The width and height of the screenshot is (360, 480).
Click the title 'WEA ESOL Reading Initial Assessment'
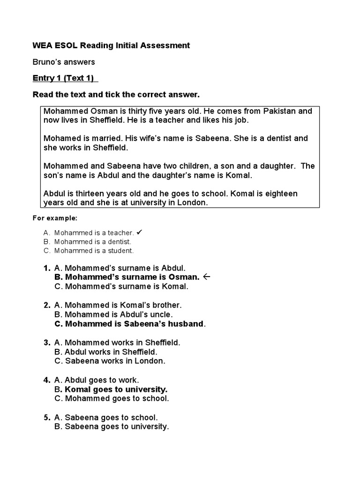pos(111,45)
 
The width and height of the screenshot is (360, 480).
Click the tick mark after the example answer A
pos(140,232)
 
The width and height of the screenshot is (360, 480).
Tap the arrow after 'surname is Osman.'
pos(207,277)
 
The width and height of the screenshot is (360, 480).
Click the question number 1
pos(46,268)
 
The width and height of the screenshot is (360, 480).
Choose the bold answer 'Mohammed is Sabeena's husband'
pos(129,324)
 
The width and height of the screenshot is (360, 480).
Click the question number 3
pos(46,343)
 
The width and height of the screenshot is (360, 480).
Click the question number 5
pos(46,417)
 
